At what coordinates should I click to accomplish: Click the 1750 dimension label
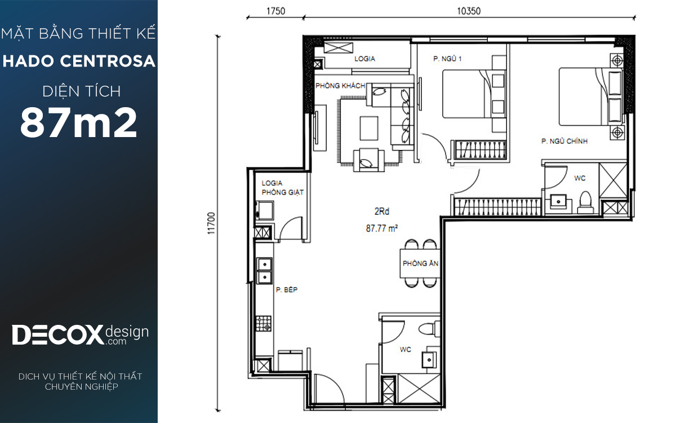(275, 11)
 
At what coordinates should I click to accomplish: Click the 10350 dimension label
(469, 11)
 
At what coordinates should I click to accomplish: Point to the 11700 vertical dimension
(212, 223)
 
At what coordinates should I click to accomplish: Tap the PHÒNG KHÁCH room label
(340, 86)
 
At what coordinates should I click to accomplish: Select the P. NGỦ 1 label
(447, 59)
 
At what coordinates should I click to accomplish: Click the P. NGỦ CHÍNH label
(564, 141)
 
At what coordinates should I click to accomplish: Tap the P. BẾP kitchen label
(287, 290)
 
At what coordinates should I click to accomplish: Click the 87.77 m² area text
(382, 228)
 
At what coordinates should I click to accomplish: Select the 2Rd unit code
(382, 211)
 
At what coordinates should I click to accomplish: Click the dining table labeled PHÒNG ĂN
(420, 263)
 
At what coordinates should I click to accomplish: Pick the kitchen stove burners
(264, 323)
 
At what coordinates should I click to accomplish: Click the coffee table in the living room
(369, 129)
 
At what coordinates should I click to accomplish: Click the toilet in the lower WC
(429, 329)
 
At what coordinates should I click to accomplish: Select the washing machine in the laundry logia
(265, 210)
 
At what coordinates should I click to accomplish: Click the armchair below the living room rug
(369, 160)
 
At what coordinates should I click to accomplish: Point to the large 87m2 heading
(78, 123)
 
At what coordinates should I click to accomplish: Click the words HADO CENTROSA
(79, 61)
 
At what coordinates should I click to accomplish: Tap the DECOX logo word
(57, 335)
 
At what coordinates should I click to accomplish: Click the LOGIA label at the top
(364, 59)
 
